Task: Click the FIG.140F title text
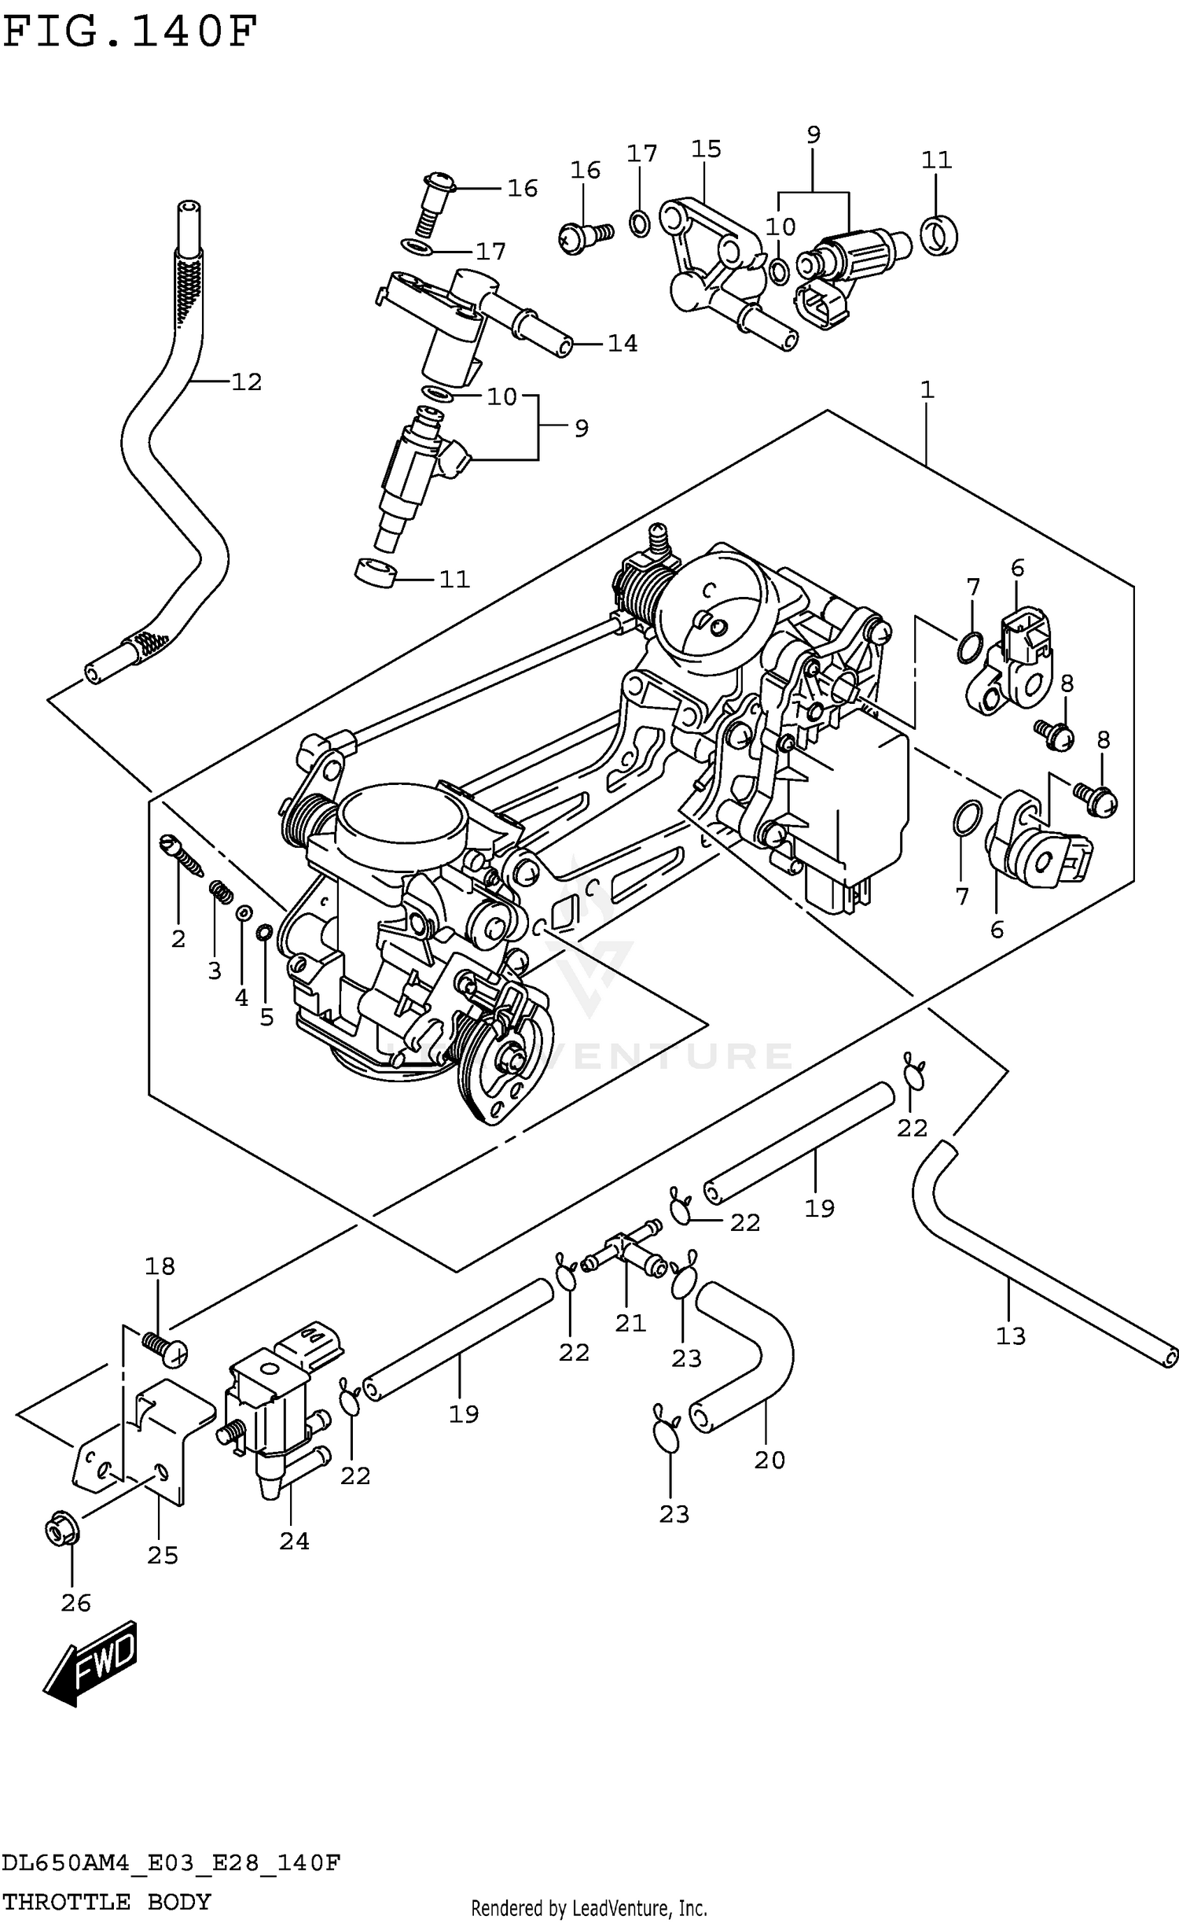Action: [130, 31]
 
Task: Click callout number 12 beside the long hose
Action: [246, 382]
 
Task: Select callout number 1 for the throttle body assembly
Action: [927, 390]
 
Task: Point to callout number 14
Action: [623, 344]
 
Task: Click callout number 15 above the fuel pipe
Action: [706, 149]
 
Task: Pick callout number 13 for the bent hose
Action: [1011, 1335]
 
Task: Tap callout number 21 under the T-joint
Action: [630, 1324]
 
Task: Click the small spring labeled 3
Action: [221, 892]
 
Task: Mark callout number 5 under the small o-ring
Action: [266, 1017]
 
